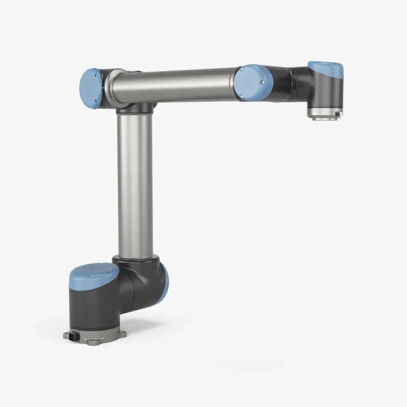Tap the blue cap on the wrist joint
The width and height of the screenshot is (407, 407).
(x=326, y=69)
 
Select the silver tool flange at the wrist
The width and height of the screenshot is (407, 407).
(x=325, y=114)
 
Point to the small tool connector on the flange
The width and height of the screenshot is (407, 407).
(x=337, y=114)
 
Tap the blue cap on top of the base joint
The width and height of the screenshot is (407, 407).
(x=94, y=273)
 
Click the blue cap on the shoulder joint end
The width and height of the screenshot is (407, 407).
(x=90, y=89)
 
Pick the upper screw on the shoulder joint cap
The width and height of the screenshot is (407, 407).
(x=97, y=75)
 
